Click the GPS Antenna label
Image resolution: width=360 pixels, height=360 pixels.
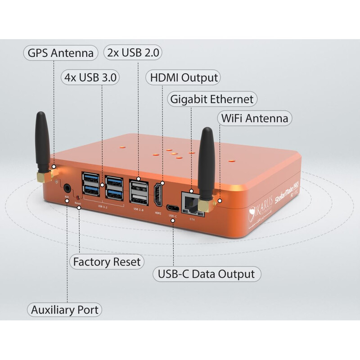(60, 53)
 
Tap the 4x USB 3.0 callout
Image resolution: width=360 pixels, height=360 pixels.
(90, 77)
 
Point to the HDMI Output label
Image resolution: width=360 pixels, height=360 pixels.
(183, 77)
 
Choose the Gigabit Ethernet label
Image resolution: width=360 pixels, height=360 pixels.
(211, 99)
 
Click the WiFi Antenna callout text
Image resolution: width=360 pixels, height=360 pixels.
(254, 119)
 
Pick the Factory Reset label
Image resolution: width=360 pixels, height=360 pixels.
(107, 261)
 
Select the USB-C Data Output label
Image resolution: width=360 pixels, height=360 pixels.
(207, 273)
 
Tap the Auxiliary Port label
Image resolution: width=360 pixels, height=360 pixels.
(64, 310)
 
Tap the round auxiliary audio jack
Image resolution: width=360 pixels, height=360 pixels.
(67, 189)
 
